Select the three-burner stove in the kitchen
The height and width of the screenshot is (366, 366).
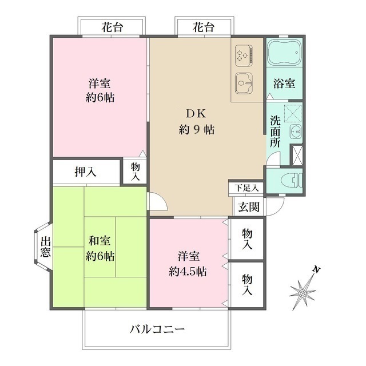(244, 56)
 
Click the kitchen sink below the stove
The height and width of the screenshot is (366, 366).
(244, 83)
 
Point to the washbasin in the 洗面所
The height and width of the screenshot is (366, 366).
(296, 132)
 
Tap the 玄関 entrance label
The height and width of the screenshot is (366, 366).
(249, 207)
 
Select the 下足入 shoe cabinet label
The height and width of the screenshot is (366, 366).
(246, 188)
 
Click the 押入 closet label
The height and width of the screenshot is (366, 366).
(85, 172)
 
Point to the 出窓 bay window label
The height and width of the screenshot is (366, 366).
(46, 247)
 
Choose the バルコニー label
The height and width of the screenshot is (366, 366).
(157, 329)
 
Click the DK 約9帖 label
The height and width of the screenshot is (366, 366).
(197, 122)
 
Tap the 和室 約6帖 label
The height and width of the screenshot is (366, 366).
(100, 249)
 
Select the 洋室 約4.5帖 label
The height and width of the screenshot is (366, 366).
(188, 264)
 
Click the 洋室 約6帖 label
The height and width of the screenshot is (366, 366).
(100, 90)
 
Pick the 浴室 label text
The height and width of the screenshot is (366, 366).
(284, 83)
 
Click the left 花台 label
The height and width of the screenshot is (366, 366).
(112, 27)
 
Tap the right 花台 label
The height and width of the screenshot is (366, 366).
(204, 27)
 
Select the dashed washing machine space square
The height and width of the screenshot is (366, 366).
(293, 113)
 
